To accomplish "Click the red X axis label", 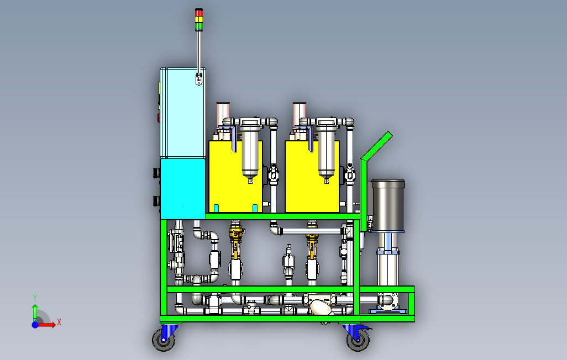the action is coord(59,321).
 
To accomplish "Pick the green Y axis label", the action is coord(34,297).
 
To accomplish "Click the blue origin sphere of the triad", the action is coord(35,325).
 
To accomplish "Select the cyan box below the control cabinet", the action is coord(182,188).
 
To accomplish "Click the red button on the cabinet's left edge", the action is coord(159,118).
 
